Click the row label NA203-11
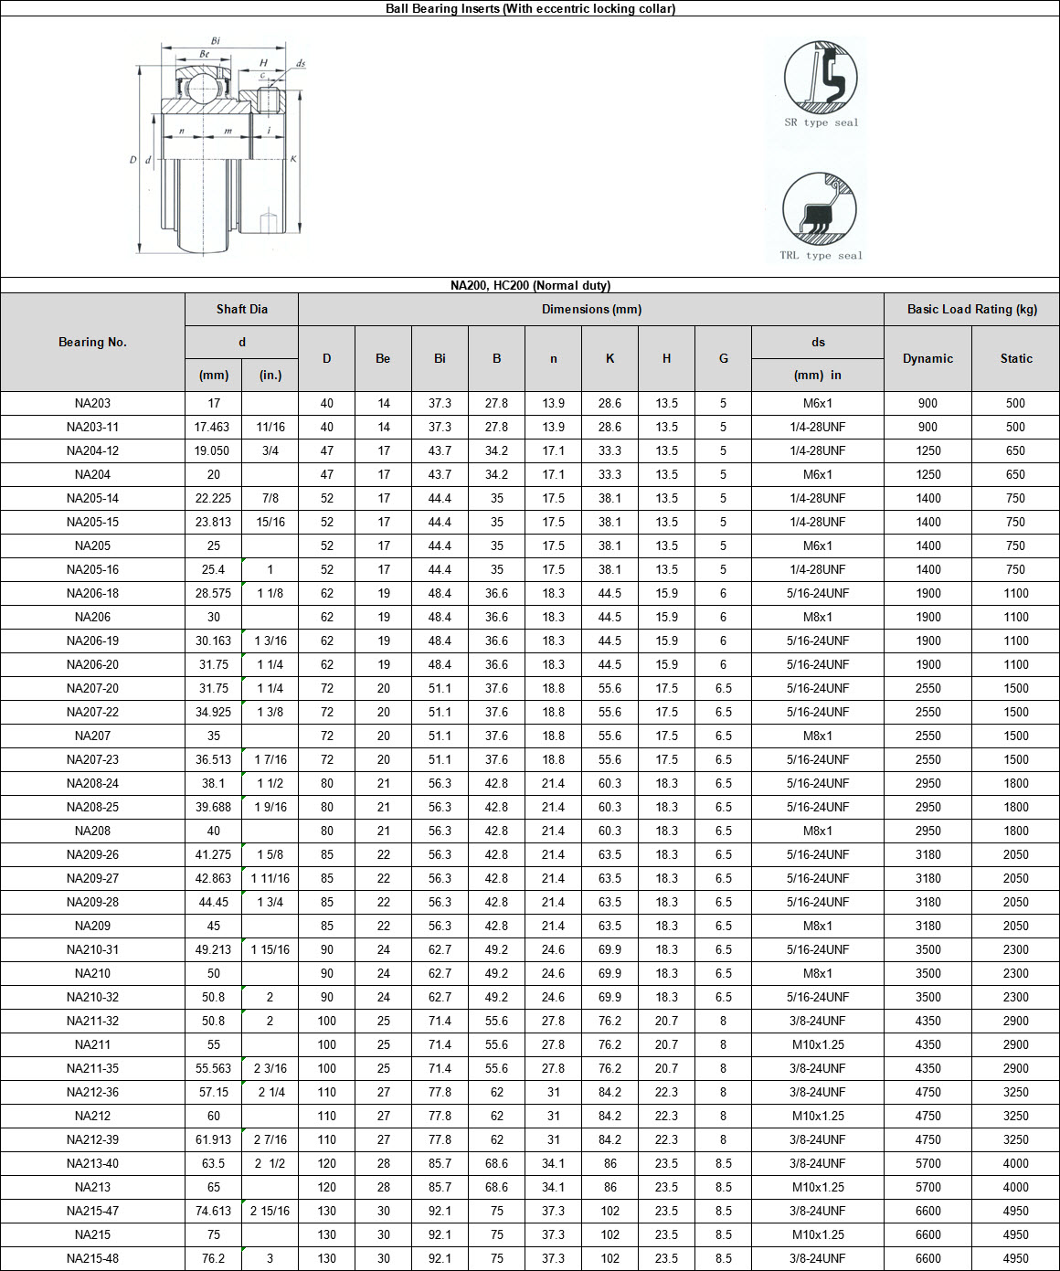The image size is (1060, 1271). [x=92, y=427]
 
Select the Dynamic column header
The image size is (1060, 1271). [x=927, y=358]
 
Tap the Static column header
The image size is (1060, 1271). [x=1015, y=358]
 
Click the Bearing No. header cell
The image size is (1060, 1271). [x=92, y=342]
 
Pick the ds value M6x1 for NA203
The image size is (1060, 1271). [x=817, y=403]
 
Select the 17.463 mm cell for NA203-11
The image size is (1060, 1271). [x=213, y=427]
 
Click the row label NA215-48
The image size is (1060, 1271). [x=92, y=1258]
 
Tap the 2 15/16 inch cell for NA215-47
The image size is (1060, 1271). [x=270, y=1211]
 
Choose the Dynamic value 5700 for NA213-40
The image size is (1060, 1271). [x=927, y=1163]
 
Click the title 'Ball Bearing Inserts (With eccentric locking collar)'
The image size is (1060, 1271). [x=530, y=8]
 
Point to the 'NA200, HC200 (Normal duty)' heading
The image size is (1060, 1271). [x=530, y=285]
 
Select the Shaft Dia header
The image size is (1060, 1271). [x=241, y=309]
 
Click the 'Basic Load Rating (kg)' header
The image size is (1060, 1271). [x=971, y=309]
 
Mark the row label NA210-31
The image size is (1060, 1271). [x=92, y=949]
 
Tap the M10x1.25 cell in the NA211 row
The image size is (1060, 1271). [x=817, y=1044]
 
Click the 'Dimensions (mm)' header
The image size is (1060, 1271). [x=590, y=309]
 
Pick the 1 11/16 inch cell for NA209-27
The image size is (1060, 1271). [x=270, y=878]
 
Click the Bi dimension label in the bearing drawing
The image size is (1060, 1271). [x=216, y=41]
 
